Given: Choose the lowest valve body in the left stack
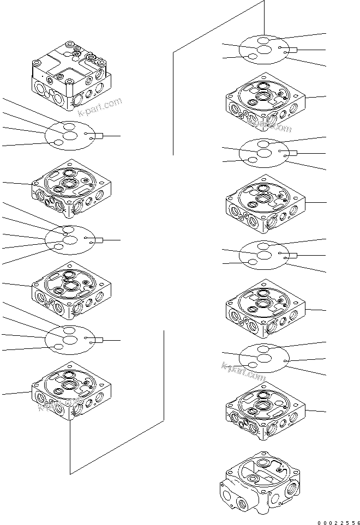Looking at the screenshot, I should pyautogui.click(x=71, y=391).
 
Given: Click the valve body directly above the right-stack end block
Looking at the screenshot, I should pyautogui.click(x=265, y=411).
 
